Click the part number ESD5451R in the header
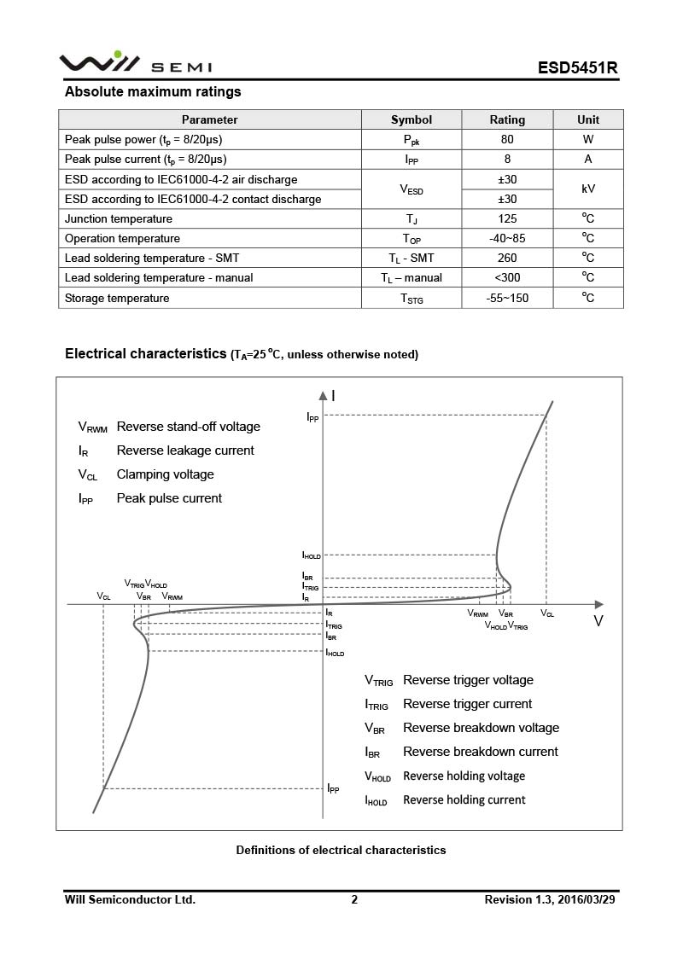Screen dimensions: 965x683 point(576,67)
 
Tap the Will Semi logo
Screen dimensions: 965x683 point(135,64)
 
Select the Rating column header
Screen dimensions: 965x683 point(507,119)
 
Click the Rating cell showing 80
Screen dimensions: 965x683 point(507,139)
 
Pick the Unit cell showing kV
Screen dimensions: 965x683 point(588,189)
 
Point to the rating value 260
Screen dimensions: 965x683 point(507,258)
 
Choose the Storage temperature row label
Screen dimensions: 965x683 point(117,298)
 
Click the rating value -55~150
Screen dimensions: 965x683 point(507,298)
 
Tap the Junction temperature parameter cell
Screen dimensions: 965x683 point(119,218)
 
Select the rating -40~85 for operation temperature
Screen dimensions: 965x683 point(507,238)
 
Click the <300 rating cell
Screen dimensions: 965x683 point(507,277)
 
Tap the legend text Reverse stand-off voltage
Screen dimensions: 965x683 point(188,427)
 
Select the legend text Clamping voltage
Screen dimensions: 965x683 point(165,474)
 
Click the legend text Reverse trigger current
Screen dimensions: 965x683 point(467,704)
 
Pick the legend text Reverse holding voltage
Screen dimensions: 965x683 point(464,776)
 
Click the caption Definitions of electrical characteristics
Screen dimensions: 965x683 point(341,850)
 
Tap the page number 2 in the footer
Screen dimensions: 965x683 point(354,899)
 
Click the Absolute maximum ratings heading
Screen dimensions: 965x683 point(153,92)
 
